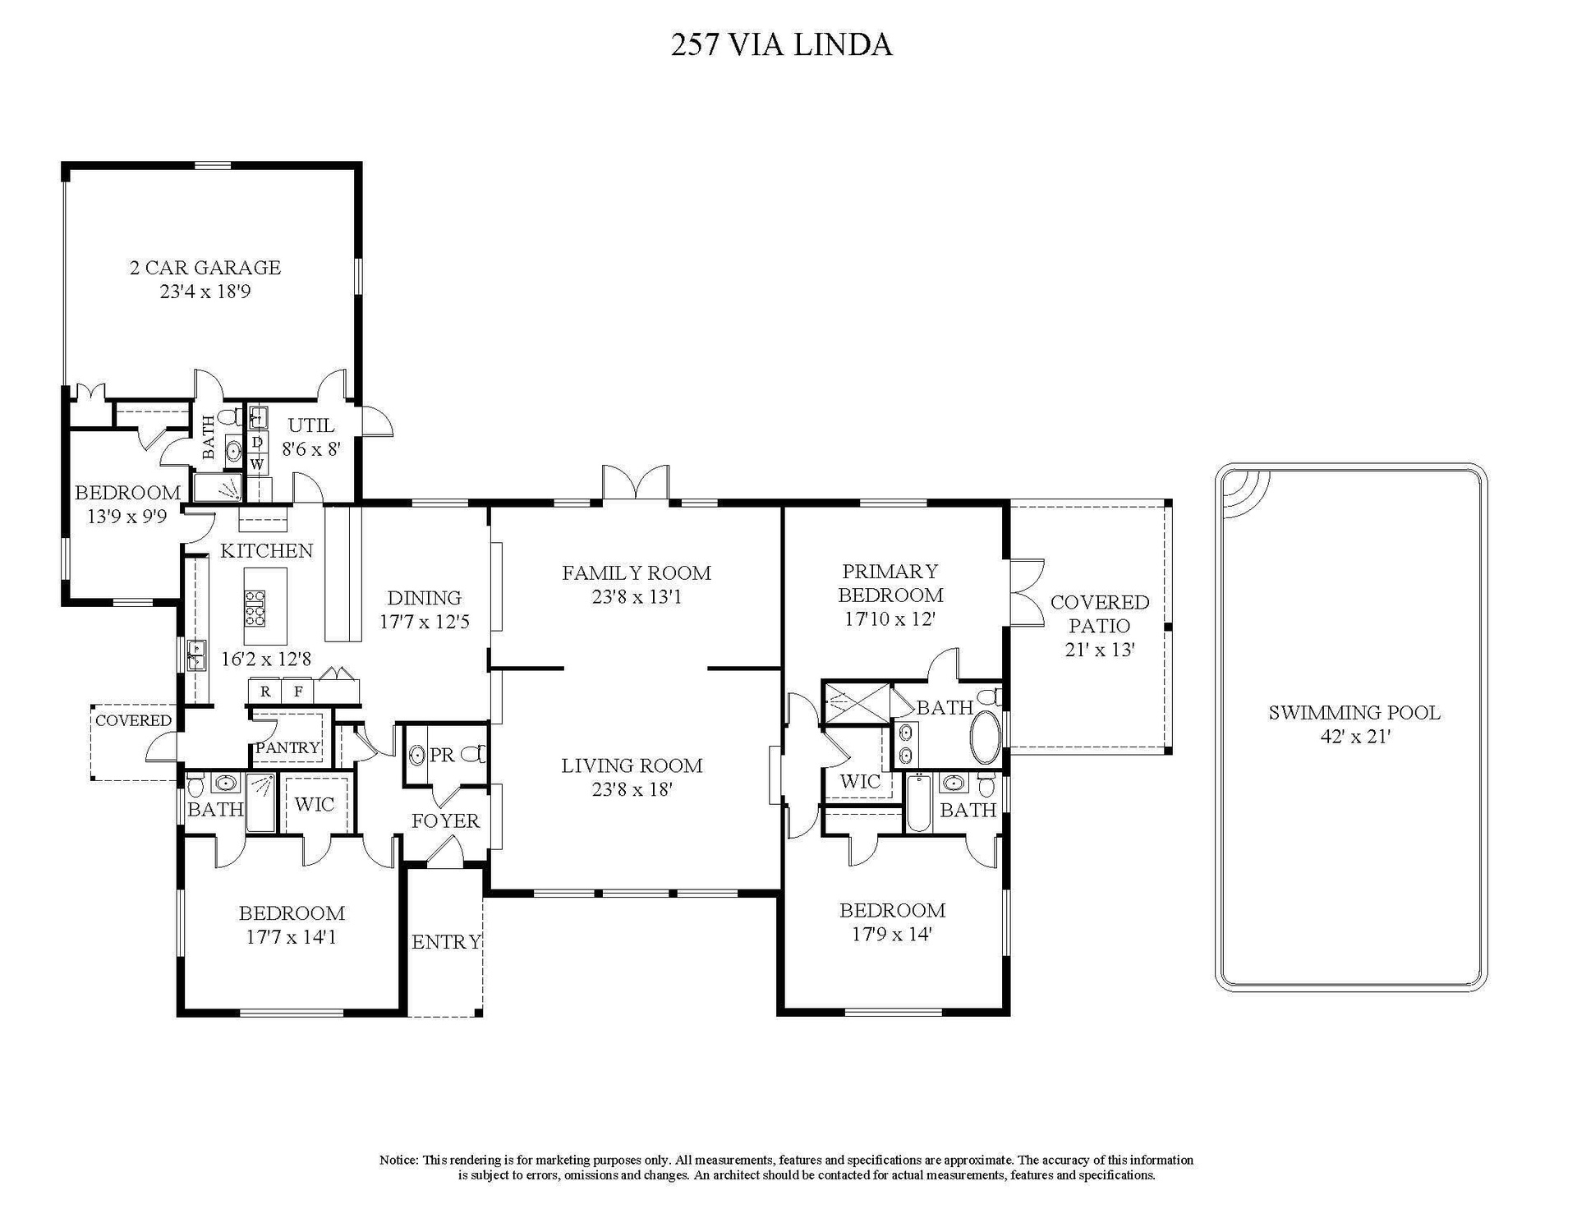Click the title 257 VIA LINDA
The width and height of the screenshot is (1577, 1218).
pyautogui.click(x=781, y=44)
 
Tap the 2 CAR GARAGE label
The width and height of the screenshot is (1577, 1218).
pyautogui.click(x=205, y=268)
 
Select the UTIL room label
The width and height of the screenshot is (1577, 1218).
pyautogui.click(x=311, y=425)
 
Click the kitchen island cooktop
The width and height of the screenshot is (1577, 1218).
pyautogui.click(x=255, y=609)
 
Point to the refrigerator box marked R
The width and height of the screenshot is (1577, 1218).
pyautogui.click(x=265, y=692)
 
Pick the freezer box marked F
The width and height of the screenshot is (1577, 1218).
pyautogui.click(x=298, y=692)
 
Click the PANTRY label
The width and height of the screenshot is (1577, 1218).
pyautogui.click(x=287, y=748)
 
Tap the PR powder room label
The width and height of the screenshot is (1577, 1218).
pyautogui.click(x=442, y=755)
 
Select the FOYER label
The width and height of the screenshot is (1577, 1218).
pyautogui.click(x=445, y=821)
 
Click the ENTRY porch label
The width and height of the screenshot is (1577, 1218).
pyautogui.click(x=446, y=942)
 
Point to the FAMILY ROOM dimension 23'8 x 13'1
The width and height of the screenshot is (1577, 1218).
pyautogui.click(x=637, y=597)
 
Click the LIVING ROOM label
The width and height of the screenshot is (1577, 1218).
pyautogui.click(x=632, y=766)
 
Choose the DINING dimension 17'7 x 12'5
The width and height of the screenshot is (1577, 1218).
pyautogui.click(x=425, y=623)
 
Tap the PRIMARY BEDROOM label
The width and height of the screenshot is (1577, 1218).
pyautogui.click(x=890, y=583)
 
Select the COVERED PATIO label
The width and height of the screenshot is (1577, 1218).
pyautogui.click(x=1100, y=614)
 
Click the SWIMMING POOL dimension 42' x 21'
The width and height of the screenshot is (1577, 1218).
pyautogui.click(x=1354, y=737)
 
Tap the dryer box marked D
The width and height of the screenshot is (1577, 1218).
pyautogui.click(x=257, y=443)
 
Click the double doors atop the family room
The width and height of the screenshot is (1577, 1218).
pyautogui.click(x=636, y=482)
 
